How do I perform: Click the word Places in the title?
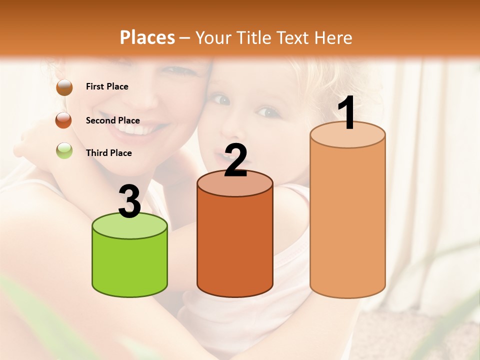[147, 37]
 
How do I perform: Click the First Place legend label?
[107, 86]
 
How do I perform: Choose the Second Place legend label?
[112, 120]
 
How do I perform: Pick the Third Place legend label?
[108, 153]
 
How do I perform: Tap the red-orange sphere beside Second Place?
[64, 120]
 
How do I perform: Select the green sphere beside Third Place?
[64, 150]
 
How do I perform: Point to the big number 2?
[235, 160]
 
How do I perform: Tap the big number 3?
[130, 201]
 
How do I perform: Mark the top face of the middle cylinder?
[235, 183]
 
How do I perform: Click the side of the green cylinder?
[130, 265]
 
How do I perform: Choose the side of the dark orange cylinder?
[235, 245]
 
